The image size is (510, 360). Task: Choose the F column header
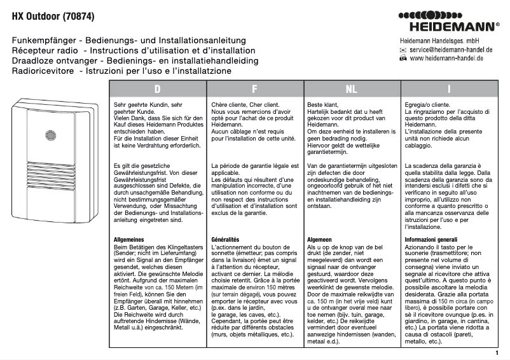coord(254,89)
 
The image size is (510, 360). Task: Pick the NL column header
coord(351,89)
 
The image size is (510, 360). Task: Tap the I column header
coord(449,89)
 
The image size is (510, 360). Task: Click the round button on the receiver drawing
coord(50,135)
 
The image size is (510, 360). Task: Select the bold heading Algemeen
coord(322,239)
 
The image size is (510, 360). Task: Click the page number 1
coord(496,352)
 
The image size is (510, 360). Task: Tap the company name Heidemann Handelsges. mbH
coord(434,40)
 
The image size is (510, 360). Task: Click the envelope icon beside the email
coord(403,49)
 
